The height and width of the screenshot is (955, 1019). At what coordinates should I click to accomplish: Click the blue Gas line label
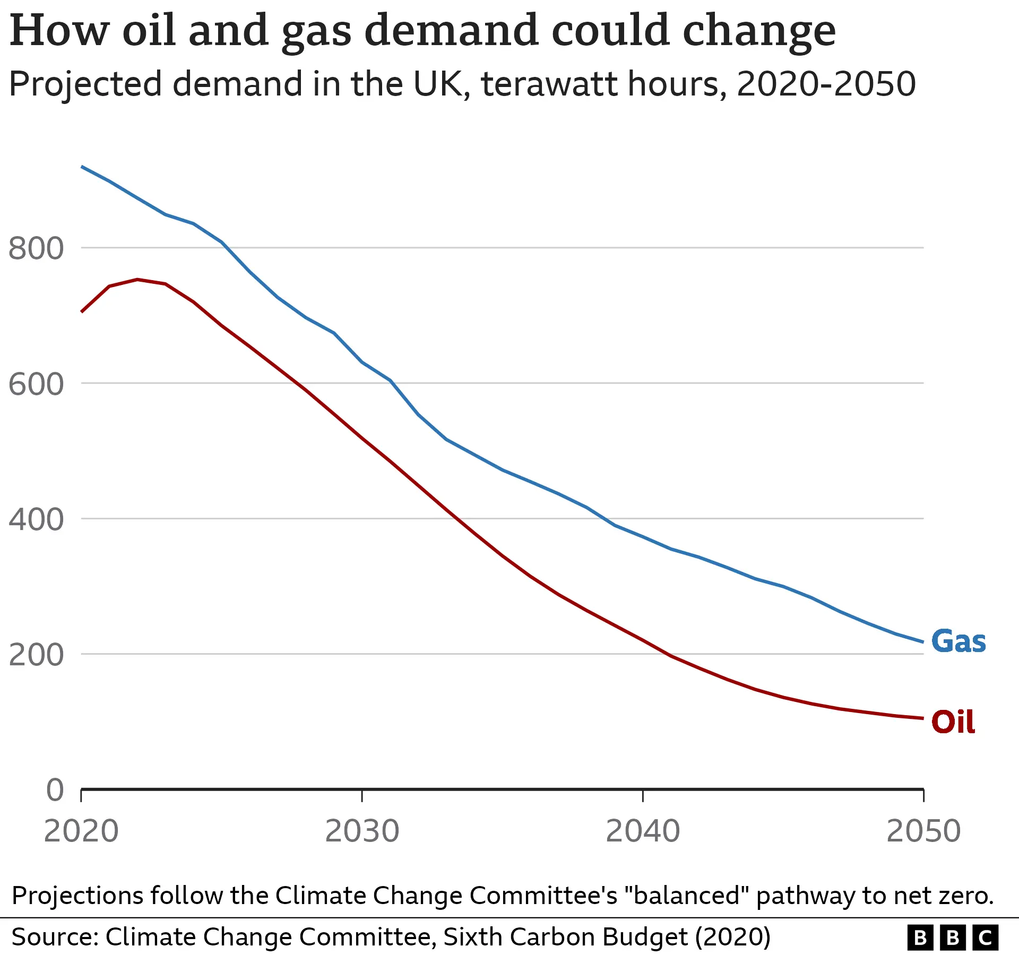point(958,641)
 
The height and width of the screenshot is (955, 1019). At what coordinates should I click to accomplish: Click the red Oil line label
point(953,722)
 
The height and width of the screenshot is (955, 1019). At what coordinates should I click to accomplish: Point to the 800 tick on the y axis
point(36,248)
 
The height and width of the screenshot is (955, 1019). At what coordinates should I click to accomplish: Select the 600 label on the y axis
point(36,384)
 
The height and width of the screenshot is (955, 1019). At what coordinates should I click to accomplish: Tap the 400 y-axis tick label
point(36,519)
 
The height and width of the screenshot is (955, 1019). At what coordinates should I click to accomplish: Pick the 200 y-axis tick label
point(36,655)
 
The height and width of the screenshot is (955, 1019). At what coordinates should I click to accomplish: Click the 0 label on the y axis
point(55,790)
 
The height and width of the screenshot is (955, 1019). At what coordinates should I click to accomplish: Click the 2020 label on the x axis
point(81,831)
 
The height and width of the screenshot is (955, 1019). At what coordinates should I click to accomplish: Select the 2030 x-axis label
point(362,831)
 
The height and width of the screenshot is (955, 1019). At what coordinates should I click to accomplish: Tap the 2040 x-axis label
point(643,831)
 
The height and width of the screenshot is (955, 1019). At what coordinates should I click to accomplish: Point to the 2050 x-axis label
point(923,831)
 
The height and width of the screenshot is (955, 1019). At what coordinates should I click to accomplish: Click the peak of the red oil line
point(137,279)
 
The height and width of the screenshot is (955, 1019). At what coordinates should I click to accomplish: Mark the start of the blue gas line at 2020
point(82,167)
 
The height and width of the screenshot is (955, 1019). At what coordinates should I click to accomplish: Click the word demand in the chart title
point(452,31)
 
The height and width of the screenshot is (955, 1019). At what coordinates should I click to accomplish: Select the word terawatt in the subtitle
point(549,84)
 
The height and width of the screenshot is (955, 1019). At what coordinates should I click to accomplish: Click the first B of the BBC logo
point(920,937)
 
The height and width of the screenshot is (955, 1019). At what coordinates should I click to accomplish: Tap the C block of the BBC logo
point(986,937)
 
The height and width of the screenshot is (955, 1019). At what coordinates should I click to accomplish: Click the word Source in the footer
point(55,937)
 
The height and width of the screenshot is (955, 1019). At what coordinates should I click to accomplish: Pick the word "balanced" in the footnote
point(687,896)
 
